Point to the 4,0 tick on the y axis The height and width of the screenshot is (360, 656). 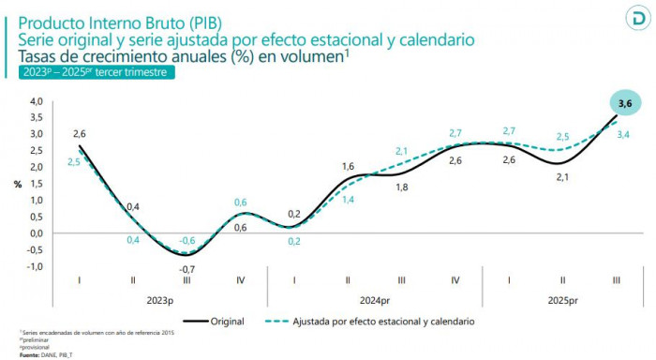click(37, 101)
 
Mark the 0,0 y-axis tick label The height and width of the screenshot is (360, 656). click(37, 233)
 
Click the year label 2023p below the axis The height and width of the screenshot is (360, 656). click(160, 301)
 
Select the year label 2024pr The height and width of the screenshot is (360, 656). click(374, 301)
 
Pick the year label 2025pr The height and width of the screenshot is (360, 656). click(562, 301)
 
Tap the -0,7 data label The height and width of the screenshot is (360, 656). click(186, 269)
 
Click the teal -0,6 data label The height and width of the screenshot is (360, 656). click(186, 240)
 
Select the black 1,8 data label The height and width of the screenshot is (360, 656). click(401, 187)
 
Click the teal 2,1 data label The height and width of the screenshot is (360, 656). click(401, 151)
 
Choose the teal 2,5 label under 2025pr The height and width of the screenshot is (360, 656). click(563, 137)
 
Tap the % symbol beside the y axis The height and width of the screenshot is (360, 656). click(17, 184)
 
